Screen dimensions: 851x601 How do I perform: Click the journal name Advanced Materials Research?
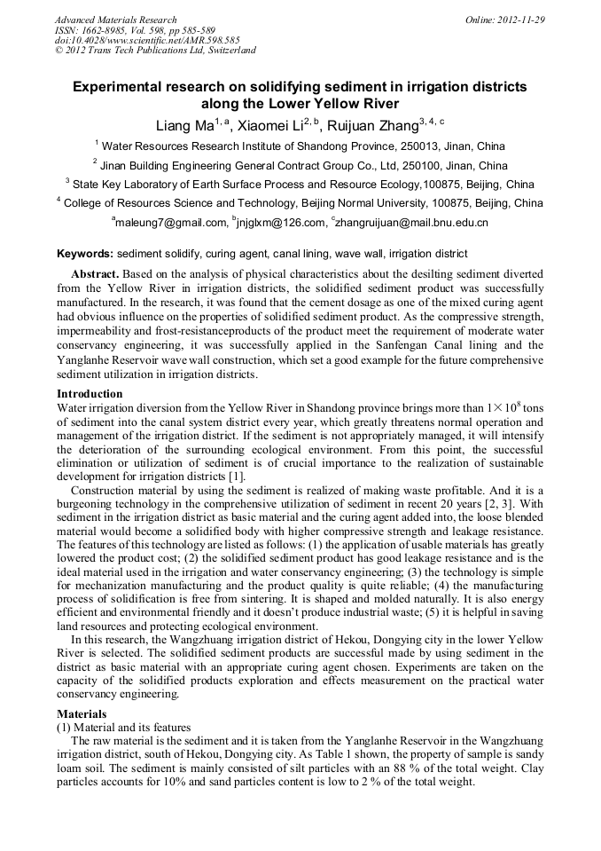click(115, 20)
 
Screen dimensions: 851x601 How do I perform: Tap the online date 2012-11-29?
click(521, 20)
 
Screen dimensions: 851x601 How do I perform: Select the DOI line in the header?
click(147, 40)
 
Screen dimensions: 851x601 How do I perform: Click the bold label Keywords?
click(85, 254)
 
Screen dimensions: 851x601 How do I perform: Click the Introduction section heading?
click(90, 393)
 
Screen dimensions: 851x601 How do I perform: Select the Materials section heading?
click(82, 713)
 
